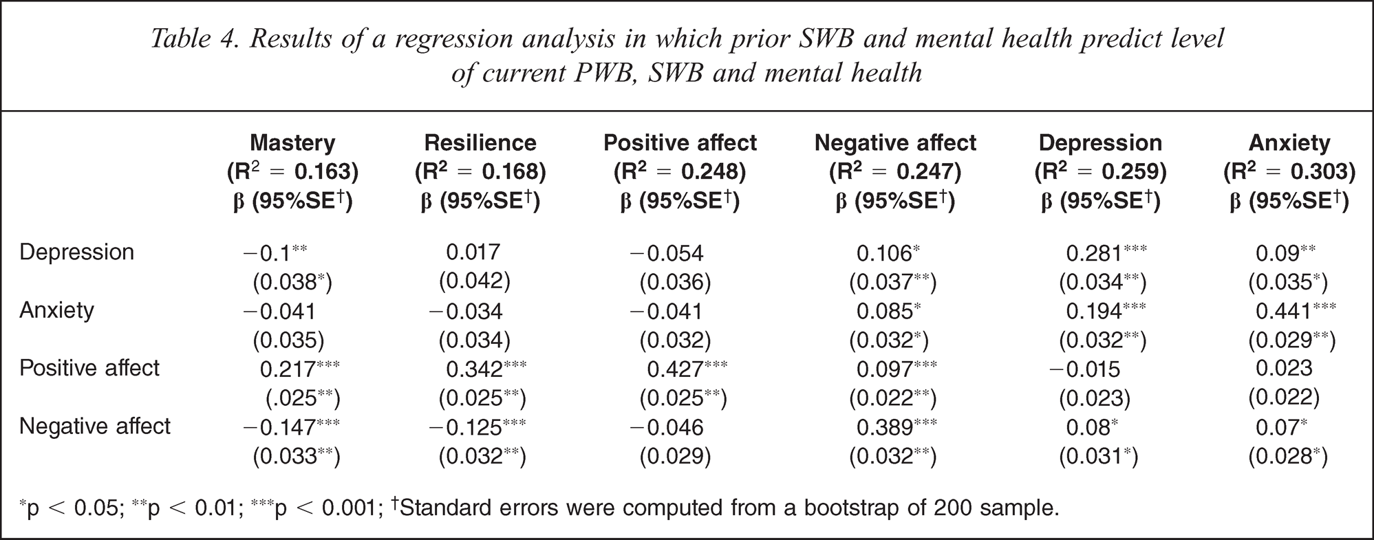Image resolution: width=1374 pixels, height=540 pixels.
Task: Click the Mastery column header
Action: [292, 142]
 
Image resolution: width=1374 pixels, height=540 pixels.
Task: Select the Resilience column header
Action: [480, 142]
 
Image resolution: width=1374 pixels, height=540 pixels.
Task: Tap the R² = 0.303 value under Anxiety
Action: [1289, 171]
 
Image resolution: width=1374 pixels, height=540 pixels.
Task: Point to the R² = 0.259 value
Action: [1101, 171]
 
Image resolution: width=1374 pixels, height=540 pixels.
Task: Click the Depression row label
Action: [77, 252]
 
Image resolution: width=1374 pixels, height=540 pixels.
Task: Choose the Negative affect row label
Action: [95, 426]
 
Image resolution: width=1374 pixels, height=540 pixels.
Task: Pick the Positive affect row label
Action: [89, 368]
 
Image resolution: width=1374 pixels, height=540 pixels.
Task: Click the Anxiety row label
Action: [56, 311]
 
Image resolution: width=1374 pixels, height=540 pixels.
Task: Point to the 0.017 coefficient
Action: [473, 252]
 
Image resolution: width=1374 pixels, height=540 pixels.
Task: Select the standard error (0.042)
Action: [475, 282]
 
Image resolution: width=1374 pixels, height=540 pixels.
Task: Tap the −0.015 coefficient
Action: [1084, 369]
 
